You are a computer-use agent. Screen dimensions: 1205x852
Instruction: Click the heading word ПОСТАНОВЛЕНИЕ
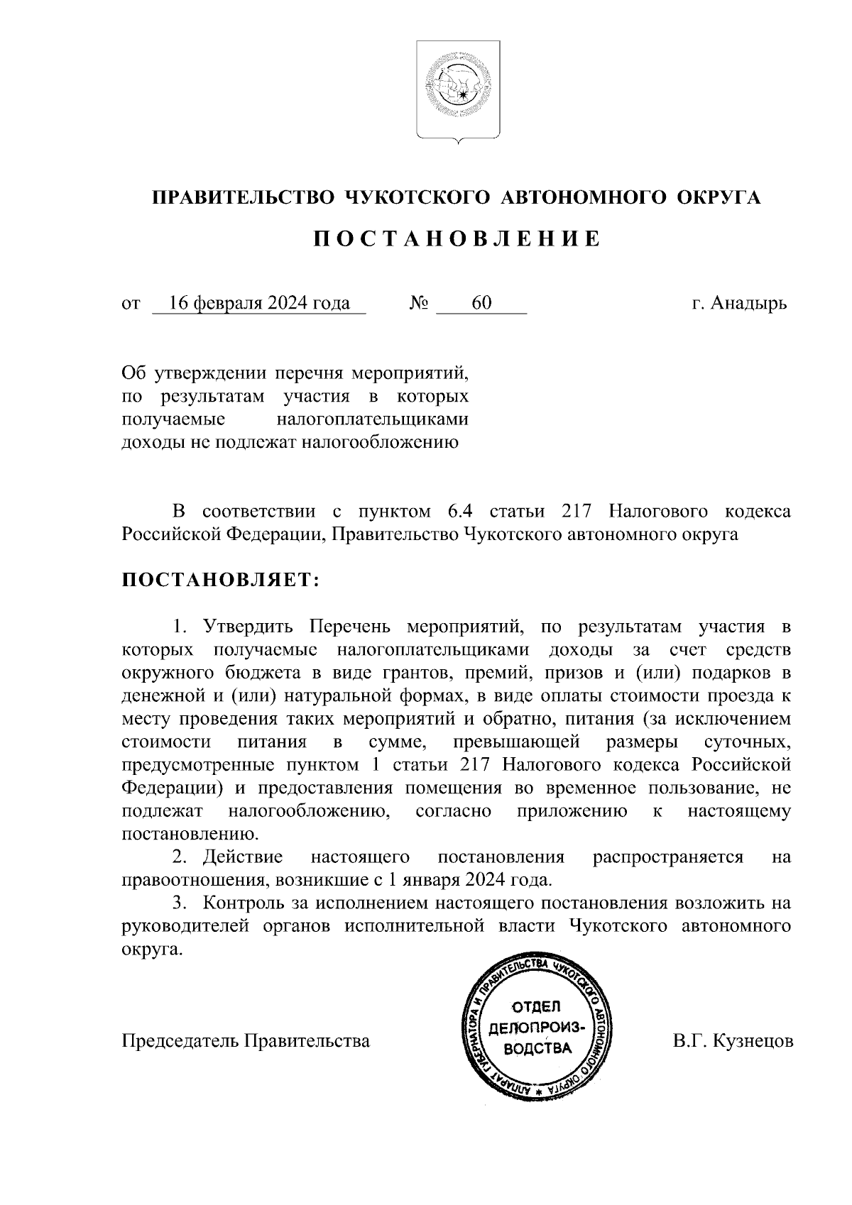point(457,239)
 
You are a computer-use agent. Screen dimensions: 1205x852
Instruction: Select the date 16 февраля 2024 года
point(259,303)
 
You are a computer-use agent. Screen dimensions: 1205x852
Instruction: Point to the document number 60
point(481,303)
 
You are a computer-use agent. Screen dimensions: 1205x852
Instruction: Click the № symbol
point(419,304)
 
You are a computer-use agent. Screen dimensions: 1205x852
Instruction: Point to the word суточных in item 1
point(746,742)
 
